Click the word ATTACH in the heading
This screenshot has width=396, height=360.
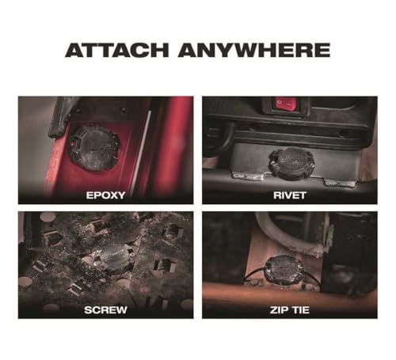tap(116, 50)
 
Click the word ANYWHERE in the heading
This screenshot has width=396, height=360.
tap(254, 50)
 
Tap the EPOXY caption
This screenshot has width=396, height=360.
tap(105, 195)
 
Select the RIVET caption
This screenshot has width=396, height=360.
tap(290, 195)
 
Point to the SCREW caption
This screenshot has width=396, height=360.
tap(105, 310)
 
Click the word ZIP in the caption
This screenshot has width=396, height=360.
tap(278, 310)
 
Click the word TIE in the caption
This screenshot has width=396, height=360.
tap(300, 310)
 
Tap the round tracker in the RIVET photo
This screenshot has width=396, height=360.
tap(291, 163)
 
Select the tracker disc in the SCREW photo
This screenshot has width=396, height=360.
tap(116, 258)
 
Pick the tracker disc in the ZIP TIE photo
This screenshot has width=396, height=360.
tap(284, 271)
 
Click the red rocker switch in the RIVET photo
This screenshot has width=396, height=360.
tap(286, 104)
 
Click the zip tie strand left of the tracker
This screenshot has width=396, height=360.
tap(254, 275)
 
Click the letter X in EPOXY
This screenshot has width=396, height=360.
tap(112, 195)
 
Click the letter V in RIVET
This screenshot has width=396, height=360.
tap(287, 195)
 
